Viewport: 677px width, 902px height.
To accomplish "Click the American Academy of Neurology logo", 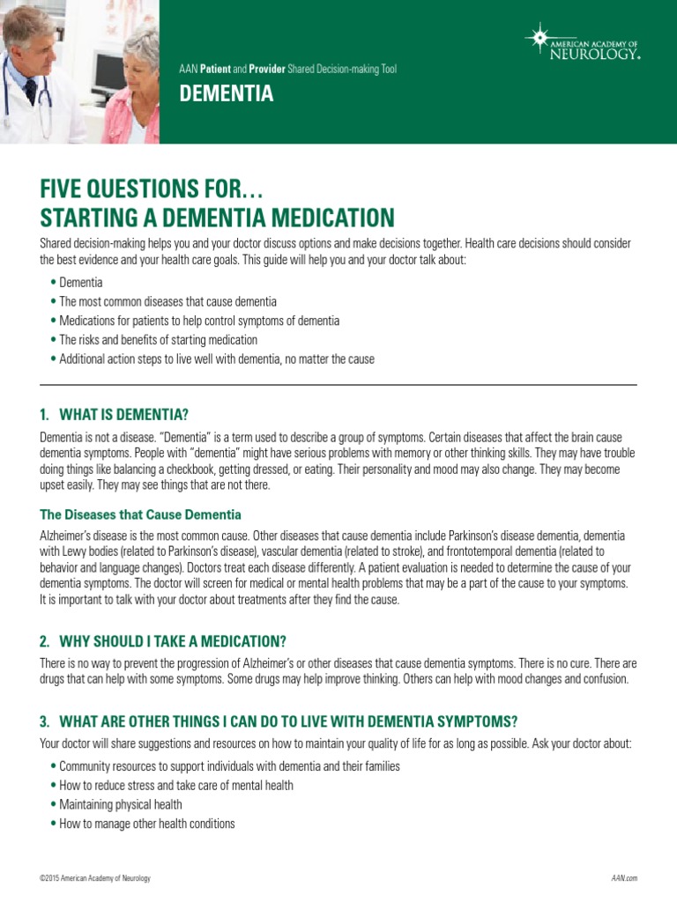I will point(581,42).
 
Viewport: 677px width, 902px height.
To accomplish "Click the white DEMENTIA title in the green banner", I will point(227,94).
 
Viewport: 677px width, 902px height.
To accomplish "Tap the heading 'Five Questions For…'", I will point(152,189).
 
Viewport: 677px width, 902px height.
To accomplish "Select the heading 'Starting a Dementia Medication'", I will point(217,217).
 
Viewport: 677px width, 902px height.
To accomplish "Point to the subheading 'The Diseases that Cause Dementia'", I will point(141,514).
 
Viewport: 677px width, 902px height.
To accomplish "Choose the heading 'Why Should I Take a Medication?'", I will point(163,640).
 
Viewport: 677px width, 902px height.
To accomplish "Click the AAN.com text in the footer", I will point(623,879).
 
